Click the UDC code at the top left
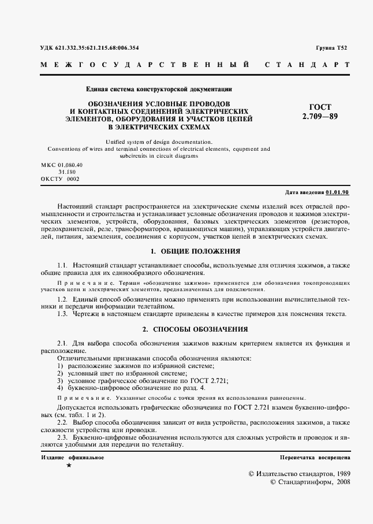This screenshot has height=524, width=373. pyautogui.click(x=89, y=47)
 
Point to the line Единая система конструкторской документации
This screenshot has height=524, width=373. pyautogui.click(x=159, y=90)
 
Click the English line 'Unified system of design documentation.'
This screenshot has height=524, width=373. pyautogui.click(x=159, y=142)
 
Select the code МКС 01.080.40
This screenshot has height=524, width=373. pyautogui.click(x=62, y=165)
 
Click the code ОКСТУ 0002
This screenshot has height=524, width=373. pyautogui.click(x=60, y=179)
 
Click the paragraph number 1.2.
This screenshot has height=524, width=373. pyautogui.click(x=63, y=299)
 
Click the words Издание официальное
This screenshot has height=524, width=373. pyautogui.click(x=73, y=458)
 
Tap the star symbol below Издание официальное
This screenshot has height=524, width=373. pyautogui.click(x=69, y=465)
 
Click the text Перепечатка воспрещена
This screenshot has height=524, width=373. pyautogui.click(x=315, y=458)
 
